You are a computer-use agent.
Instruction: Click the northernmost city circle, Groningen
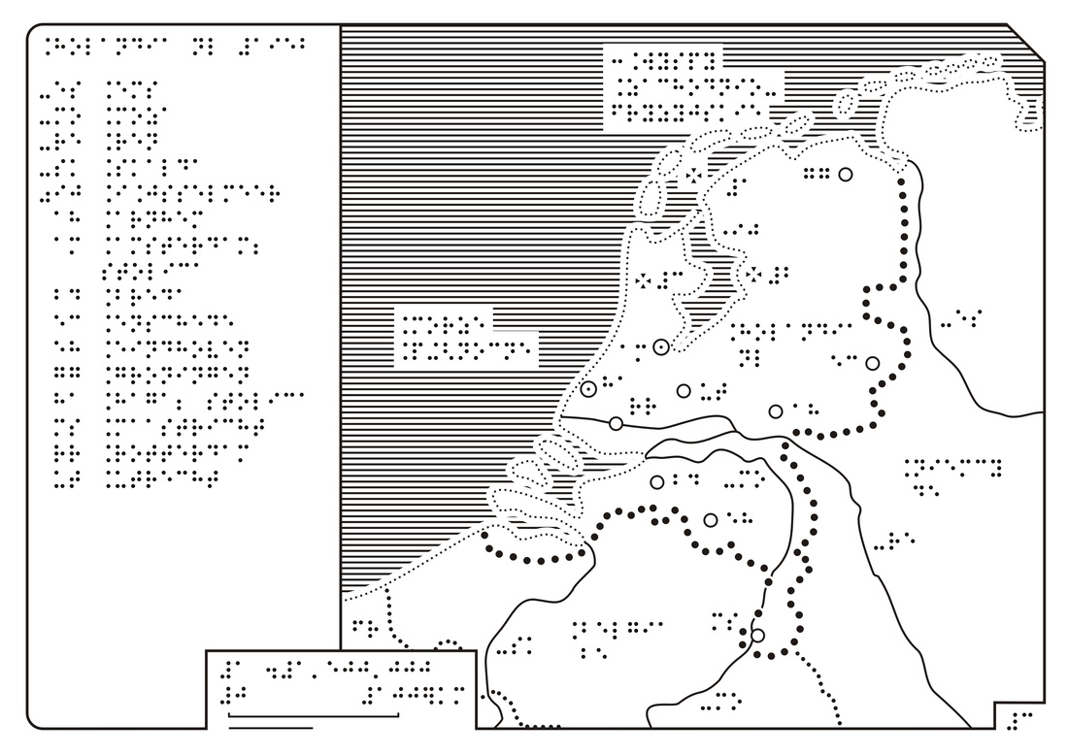click(x=846, y=175)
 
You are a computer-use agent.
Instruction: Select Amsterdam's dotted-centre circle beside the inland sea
click(x=660, y=347)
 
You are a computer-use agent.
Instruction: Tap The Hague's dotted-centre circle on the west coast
click(x=588, y=389)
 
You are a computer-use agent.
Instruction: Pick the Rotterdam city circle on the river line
click(x=616, y=423)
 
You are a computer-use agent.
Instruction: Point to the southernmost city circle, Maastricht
click(x=757, y=636)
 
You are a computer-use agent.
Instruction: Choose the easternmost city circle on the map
click(x=873, y=364)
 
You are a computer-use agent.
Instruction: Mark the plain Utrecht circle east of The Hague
click(x=684, y=391)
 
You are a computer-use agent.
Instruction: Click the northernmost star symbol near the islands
click(x=693, y=176)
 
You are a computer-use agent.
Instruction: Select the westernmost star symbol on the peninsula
click(x=643, y=279)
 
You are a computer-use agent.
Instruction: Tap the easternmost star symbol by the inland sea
click(x=753, y=275)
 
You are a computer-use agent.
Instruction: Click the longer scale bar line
click(x=314, y=715)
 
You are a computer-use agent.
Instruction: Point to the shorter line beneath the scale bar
click(x=271, y=728)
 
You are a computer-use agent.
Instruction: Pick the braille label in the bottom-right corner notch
click(x=1020, y=720)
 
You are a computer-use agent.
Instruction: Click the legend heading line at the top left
click(x=175, y=47)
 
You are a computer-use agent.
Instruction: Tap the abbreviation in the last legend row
click(x=66, y=476)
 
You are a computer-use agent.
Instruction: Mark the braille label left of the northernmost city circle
click(x=816, y=175)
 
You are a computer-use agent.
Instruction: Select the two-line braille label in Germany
click(x=952, y=476)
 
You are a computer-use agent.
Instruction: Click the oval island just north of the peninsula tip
click(x=651, y=198)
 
